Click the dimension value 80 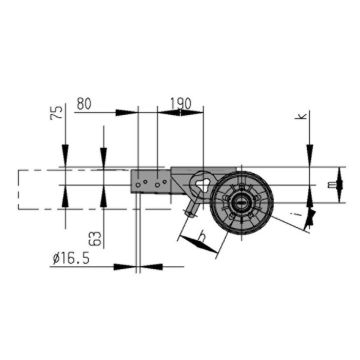84,104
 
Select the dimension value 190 181,104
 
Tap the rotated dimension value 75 57,113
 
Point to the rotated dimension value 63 96,238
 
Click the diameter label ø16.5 71,258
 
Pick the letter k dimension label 303,116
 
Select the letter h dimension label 202,237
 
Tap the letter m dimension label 332,185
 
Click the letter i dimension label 301,212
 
